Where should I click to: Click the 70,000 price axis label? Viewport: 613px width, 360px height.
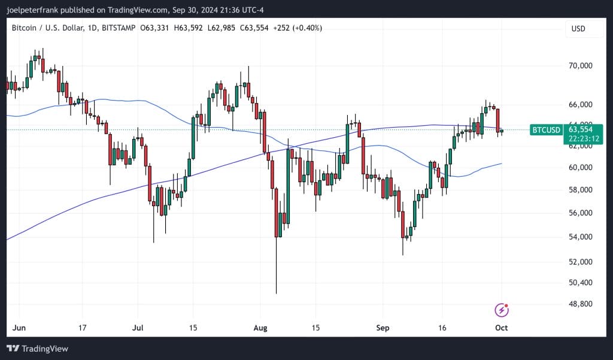coord(580,65)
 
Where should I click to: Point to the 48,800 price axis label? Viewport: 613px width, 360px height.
coord(580,304)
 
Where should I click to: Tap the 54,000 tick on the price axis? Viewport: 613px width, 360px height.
coord(580,237)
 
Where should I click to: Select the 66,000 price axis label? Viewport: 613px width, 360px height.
coord(580,105)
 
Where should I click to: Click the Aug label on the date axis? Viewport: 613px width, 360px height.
coord(259,328)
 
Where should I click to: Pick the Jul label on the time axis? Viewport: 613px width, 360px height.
coord(138,328)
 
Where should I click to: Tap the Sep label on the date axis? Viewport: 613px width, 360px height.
coord(383,328)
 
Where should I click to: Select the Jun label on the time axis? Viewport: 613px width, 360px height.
coord(19,328)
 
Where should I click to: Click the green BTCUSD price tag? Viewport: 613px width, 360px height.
coord(547,129)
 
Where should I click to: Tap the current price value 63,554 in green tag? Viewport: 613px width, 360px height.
coord(580,129)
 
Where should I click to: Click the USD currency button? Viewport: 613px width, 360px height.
coord(578,29)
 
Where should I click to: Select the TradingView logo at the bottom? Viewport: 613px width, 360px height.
coord(37,349)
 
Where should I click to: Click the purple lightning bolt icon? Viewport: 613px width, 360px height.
coord(502,310)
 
